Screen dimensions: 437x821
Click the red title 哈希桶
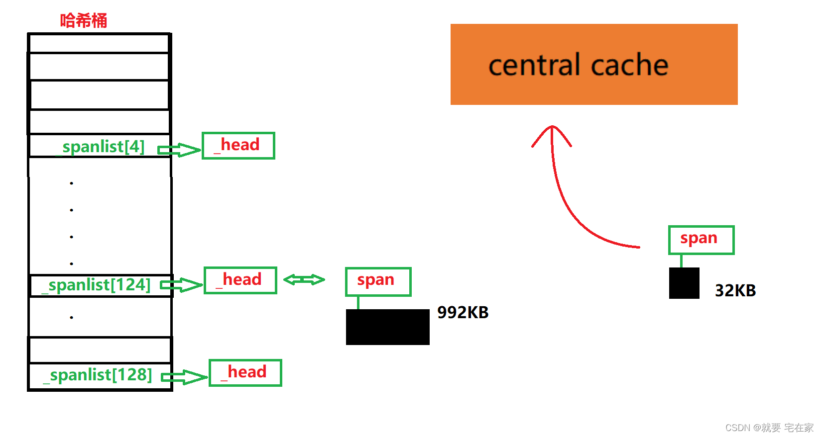tap(84, 21)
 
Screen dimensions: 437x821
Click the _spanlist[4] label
tap(101, 147)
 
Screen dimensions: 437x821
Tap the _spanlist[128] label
tap(98, 375)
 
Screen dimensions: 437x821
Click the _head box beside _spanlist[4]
tap(238, 146)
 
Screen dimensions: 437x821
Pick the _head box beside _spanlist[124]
tap(240, 280)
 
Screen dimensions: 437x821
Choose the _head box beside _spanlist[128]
tap(245, 373)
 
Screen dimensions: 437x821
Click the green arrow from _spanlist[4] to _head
tap(178, 150)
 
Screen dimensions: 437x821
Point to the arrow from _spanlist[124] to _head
tap(180, 285)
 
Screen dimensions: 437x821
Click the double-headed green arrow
tap(304, 280)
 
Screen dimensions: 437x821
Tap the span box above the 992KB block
tap(378, 281)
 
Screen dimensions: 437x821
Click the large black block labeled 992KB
tap(387, 327)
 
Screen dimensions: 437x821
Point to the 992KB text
tap(463, 313)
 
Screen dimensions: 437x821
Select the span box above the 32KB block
tap(701, 240)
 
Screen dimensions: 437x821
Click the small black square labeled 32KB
tap(684, 283)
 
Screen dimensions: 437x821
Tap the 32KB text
tap(735, 290)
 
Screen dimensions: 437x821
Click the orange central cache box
tap(594, 65)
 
